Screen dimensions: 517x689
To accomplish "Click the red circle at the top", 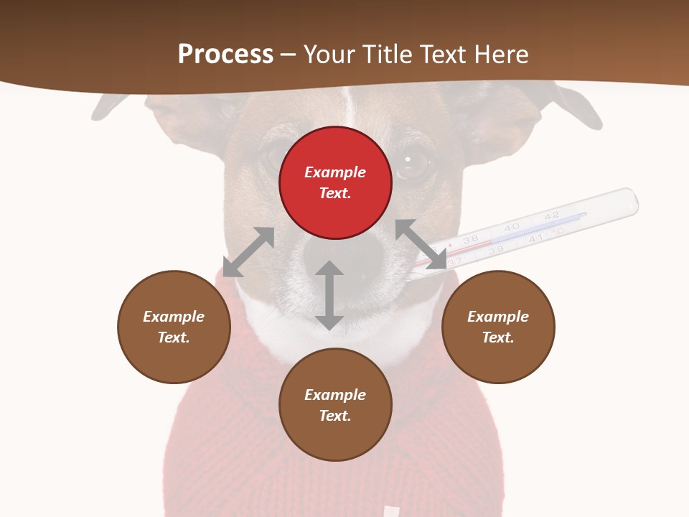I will click(335, 182).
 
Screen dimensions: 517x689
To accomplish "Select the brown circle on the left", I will click(174, 327).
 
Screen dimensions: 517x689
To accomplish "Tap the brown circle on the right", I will click(498, 327).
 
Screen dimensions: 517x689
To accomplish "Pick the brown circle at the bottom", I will click(335, 405).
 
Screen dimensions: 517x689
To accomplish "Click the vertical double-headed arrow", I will click(329, 295).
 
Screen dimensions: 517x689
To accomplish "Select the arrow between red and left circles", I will click(248, 252).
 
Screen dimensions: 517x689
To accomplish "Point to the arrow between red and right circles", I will click(421, 244).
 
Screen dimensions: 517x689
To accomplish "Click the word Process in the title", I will click(225, 54).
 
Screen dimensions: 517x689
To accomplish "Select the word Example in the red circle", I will click(335, 172).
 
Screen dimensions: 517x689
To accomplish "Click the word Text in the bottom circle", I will click(334, 416).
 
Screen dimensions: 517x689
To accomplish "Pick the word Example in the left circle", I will click(174, 317).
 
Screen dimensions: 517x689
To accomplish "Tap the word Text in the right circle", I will click(497, 337).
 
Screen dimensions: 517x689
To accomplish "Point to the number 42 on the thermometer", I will click(551, 215).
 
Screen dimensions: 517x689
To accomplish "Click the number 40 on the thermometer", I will click(511, 227).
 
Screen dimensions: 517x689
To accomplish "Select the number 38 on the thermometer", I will click(471, 240).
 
